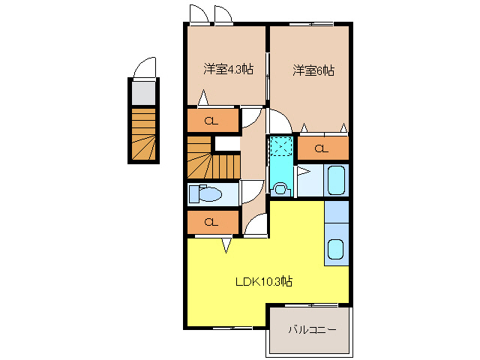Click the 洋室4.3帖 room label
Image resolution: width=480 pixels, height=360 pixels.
click(227, 70)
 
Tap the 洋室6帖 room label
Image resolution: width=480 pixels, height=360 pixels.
click(313, 70)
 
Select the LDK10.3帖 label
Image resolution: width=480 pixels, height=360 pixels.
click(263, 282)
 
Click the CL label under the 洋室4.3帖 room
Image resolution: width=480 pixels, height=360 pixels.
click(211, 120)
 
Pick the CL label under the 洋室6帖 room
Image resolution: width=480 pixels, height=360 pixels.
click(322, 148)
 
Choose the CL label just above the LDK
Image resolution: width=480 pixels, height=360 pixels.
click(211, 222)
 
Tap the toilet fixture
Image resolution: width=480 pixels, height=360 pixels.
click(205, 194)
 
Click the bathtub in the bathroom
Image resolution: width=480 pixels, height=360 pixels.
click(337, 181)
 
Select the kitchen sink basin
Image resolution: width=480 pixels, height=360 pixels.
click(336, 249)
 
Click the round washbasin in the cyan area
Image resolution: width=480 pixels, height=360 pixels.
click(280, 188)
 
